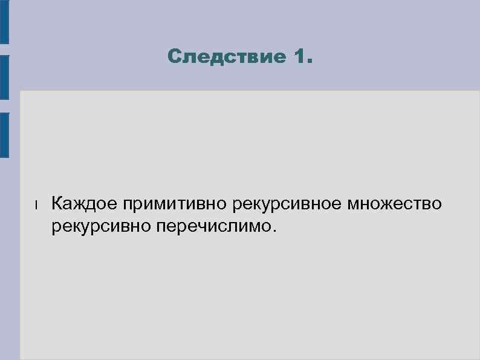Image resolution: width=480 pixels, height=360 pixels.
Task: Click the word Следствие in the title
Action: (227, 58)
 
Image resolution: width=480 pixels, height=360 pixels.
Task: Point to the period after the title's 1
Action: (310, 62)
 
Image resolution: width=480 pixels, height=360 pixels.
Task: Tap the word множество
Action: (395, 204)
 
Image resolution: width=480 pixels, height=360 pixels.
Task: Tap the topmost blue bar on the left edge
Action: (4, 21)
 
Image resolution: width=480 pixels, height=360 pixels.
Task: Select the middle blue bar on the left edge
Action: (4, 77)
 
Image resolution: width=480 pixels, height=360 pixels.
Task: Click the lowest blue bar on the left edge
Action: (4, 134)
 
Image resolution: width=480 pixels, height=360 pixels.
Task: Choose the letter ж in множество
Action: (391, 205)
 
